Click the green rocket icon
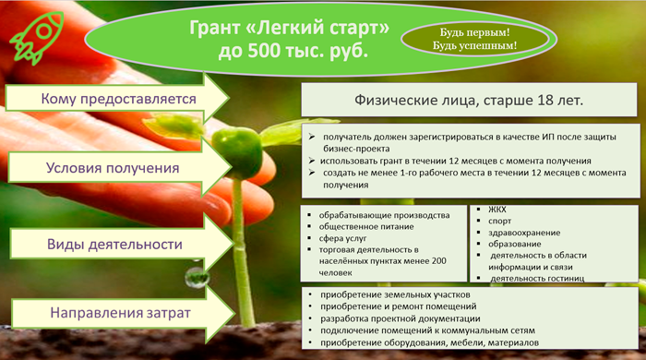point(37,38)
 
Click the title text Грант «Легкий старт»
point(289,28)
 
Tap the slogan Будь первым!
point(474,32)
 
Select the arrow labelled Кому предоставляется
point(117,99)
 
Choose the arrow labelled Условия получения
point(119,168)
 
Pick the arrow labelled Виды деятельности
point(122,244)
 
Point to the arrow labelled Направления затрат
point(124,313)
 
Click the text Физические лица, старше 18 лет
point(469,100)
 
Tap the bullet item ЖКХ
point(497,210)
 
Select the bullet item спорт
point(500,222)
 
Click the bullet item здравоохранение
point(524,233)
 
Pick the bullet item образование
point(515,245)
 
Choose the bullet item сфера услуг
point(342,238)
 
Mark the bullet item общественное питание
point(366,226)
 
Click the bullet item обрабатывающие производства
point(385,215)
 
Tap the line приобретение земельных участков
point(395,294)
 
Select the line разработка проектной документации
point(400,318)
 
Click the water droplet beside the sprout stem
point(196,277)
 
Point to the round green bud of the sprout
point(236,151)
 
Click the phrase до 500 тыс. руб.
point(293,51)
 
